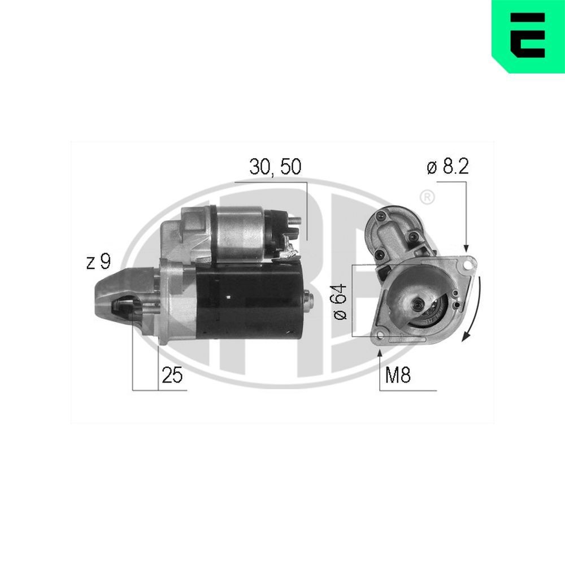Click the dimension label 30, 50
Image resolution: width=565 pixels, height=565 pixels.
[x=275, y=168]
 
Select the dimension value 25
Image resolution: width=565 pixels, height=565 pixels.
[x=172, y=376]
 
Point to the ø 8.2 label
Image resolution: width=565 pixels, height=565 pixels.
[x=448, y=168]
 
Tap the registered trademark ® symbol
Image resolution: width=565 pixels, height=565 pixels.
[x=428, y=197]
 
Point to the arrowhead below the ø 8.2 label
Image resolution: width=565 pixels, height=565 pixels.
[x=466, y=247]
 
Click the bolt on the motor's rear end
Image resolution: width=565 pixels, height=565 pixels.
[x=308, y=299]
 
